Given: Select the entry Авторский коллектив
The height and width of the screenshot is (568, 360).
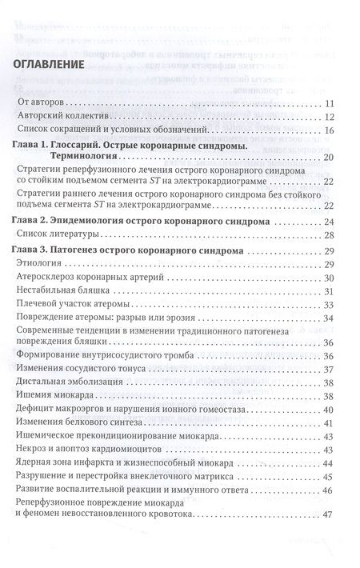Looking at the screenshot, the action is pyautogui.click(x=65, y=116).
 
